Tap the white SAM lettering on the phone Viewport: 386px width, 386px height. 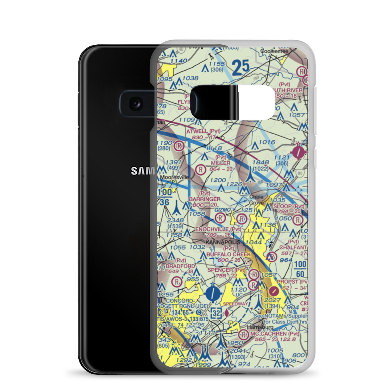click(x=143, y=171)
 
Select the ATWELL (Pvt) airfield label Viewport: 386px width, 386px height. click(x=204, y=131)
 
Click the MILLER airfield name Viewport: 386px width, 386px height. click(x=221, y=163)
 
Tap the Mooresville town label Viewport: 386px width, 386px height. click(x=175, y=177)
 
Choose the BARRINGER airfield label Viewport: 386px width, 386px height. click(x=205, y=199)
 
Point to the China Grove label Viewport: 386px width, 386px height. click(x=256, y=200)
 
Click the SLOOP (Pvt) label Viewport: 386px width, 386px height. click(x=288, y=207)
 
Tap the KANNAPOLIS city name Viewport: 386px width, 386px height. click(x=223, y=242)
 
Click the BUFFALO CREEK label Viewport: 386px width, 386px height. click(x=229, y=254)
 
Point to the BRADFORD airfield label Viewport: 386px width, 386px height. click(x=180, y=266)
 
